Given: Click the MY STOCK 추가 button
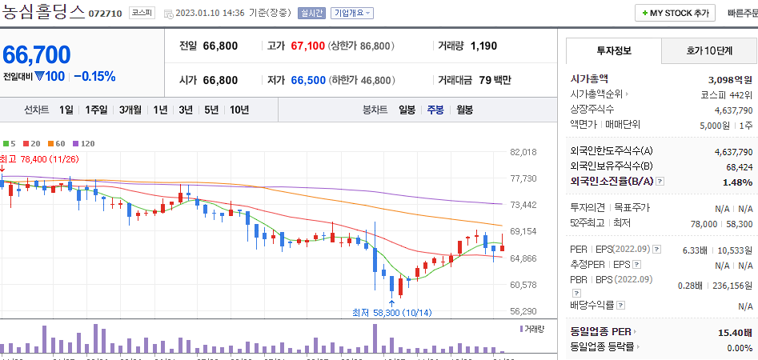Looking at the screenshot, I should pyautogui.click(x=675, y=13).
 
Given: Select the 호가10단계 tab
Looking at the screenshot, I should pyautogui.click(x=709, y=50).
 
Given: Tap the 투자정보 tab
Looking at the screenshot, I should pyautogui.click(x=614, y=50).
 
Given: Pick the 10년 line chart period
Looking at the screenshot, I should pyautogui.click(x=239, y=110).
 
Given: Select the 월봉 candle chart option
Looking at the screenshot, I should pyautogui.click(x=464, y=110).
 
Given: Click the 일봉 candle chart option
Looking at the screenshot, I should pyautogui.click(x=407, y=110).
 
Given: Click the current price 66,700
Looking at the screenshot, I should pyautogui.click(x=37, y=54).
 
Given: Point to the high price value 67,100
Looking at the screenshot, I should pyautogui.click(x=307, y=46).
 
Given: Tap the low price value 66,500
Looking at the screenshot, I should pyautogui.click(x=307, y=80).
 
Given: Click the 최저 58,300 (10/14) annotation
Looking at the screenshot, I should pyautogui.click(x=391, y=312).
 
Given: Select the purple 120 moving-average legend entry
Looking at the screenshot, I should pyautogui.click(x=83, y=143).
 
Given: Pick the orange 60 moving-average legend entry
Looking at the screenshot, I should pyautogui.click(x=57, y=143).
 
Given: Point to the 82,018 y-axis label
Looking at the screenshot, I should pyautogui.click(x=523, y=152).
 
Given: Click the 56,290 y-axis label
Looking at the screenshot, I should pyautogui.click(x=523, y=311).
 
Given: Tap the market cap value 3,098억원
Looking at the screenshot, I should pyautogui.click(x=730, y=79).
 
